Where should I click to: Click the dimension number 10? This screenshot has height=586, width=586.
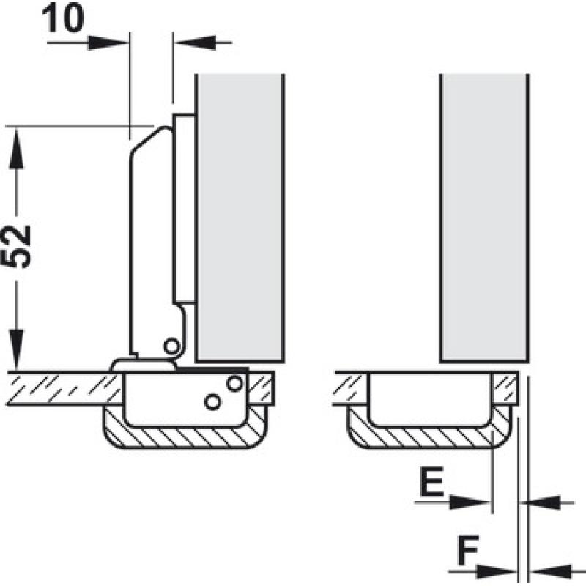(63, 18)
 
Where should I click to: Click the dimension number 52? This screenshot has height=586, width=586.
(15, 247)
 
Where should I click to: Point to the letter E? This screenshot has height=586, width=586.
(431, 481)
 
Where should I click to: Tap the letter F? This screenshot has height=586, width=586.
(468, 550)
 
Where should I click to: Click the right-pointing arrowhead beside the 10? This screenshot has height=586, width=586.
(108, 43)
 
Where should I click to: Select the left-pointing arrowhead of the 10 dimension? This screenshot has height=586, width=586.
(195, 42)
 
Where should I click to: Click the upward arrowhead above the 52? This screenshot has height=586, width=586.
(16, 149)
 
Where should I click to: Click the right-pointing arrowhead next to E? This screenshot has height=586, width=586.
(470, 502)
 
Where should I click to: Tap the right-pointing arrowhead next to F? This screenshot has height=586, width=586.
(497, 571)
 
